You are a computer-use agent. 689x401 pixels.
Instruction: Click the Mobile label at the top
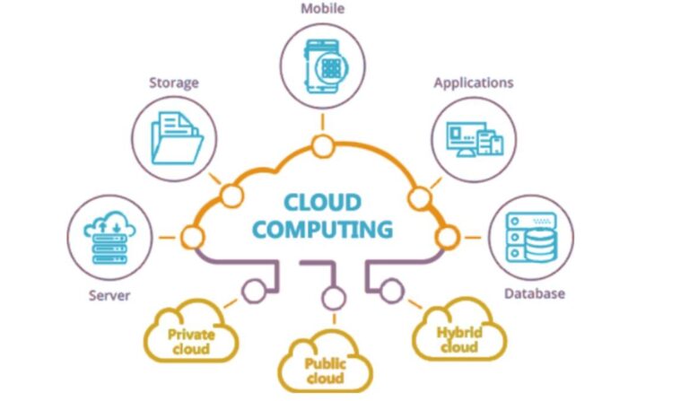pos(323,8)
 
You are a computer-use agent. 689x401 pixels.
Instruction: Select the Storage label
pos(174,83)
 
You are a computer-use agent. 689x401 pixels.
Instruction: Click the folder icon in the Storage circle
pos(177,138)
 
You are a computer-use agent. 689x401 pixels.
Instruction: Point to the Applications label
pos(474,83)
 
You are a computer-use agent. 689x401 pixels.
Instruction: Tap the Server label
pos(109,295)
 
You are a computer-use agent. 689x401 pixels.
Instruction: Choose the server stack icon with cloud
pos(109,238)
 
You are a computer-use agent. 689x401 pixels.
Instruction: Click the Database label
pos(535,293)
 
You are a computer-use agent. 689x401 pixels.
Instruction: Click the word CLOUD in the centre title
pos(323,203)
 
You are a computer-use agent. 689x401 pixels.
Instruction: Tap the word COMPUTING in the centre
pos(323,230)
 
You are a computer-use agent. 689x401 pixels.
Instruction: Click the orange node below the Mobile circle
pos(323,147)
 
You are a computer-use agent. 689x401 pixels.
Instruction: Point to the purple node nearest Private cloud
pos(254,292)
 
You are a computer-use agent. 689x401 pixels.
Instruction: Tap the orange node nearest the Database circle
pos(448,237)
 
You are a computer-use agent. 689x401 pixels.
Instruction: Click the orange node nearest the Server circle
pos(193,237)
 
